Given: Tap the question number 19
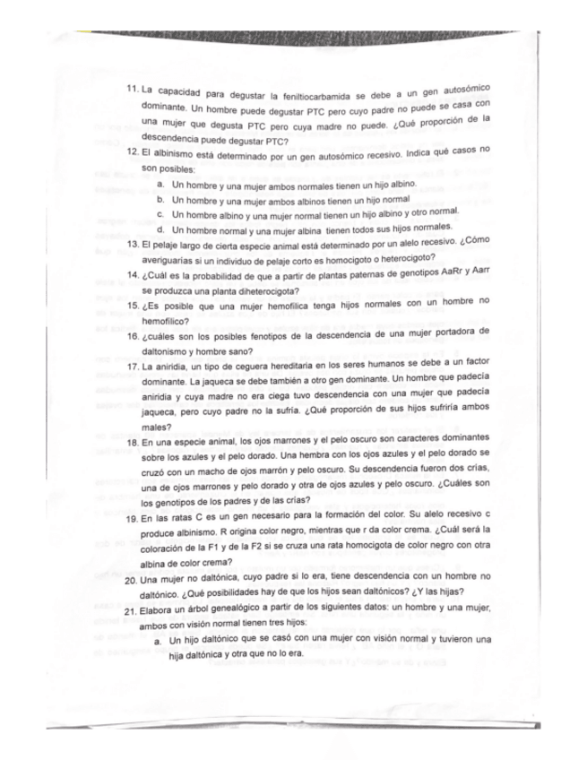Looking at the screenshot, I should point(131,519).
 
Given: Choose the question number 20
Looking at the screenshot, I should point(131,579).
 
